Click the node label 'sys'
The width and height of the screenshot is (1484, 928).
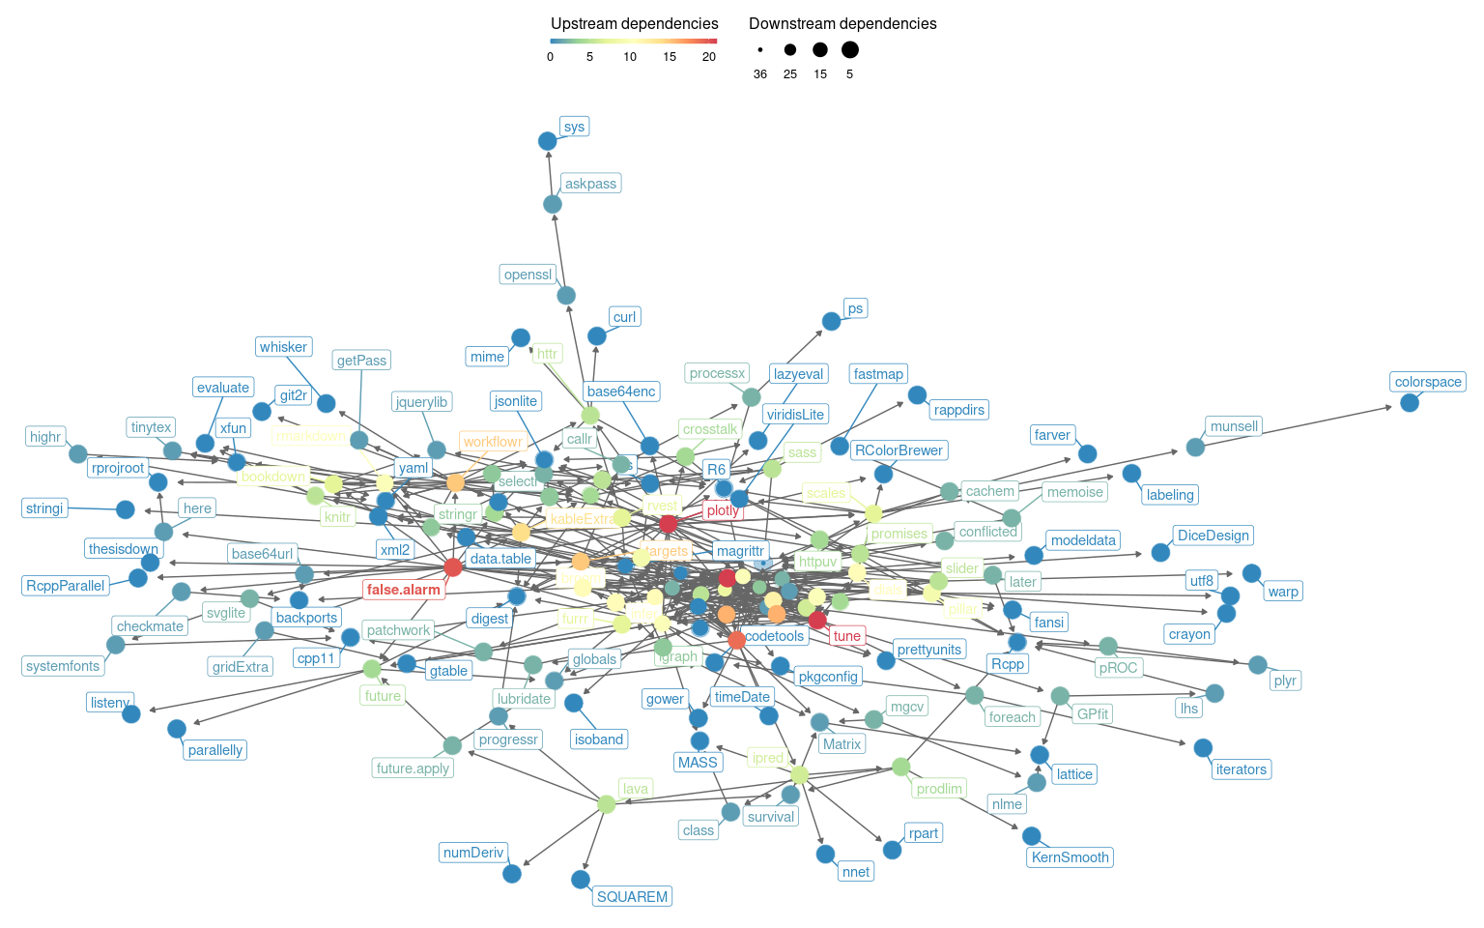(x=574, y=127)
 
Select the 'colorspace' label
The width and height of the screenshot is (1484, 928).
(x=1428, y=382)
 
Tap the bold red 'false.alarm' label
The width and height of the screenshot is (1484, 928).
(x=404, y=590)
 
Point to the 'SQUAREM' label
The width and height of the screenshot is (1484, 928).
(x=632, y=897)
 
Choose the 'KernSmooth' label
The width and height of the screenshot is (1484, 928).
(x=1070, y=857)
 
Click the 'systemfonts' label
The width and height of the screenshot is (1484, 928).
(x=63, y=666)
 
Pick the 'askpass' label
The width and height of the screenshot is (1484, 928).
(x=590, y=184)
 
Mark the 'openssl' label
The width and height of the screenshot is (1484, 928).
(x=528, y=275)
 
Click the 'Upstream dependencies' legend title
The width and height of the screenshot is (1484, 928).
(x=634, y=23)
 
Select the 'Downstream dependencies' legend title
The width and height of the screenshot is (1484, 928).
(x=842, y=23)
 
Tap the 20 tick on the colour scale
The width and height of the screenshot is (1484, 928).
(x=709, y=57)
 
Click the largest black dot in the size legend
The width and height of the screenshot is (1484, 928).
(x=850, y=49)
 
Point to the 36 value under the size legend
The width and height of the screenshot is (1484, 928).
(x=760, y=74)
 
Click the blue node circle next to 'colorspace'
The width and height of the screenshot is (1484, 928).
(x=1410, y=402)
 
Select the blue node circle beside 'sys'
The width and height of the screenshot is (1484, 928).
(x=547, y=141)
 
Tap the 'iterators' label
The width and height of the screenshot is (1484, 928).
(x=1241, y=769)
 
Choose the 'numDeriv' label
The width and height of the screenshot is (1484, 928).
(x=473, y=853)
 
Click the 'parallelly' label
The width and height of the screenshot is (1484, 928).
(x=215, y=750)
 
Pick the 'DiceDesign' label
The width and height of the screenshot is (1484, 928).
(x=1213, y=536)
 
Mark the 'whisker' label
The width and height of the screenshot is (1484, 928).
(x=283, y=347)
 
